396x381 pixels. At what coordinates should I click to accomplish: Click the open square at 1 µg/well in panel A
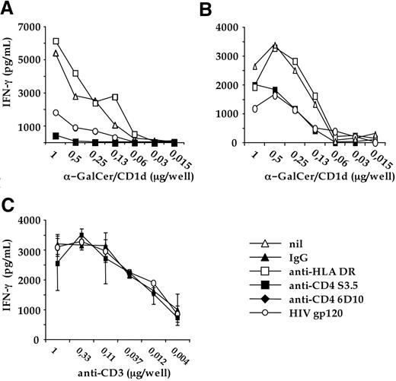pos(56,41)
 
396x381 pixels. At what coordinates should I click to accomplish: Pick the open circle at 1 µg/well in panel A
pos(56,113)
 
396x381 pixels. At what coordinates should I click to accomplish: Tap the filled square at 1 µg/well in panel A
pos(56,135)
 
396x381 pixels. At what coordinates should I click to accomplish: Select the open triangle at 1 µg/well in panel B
pos(256,67)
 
